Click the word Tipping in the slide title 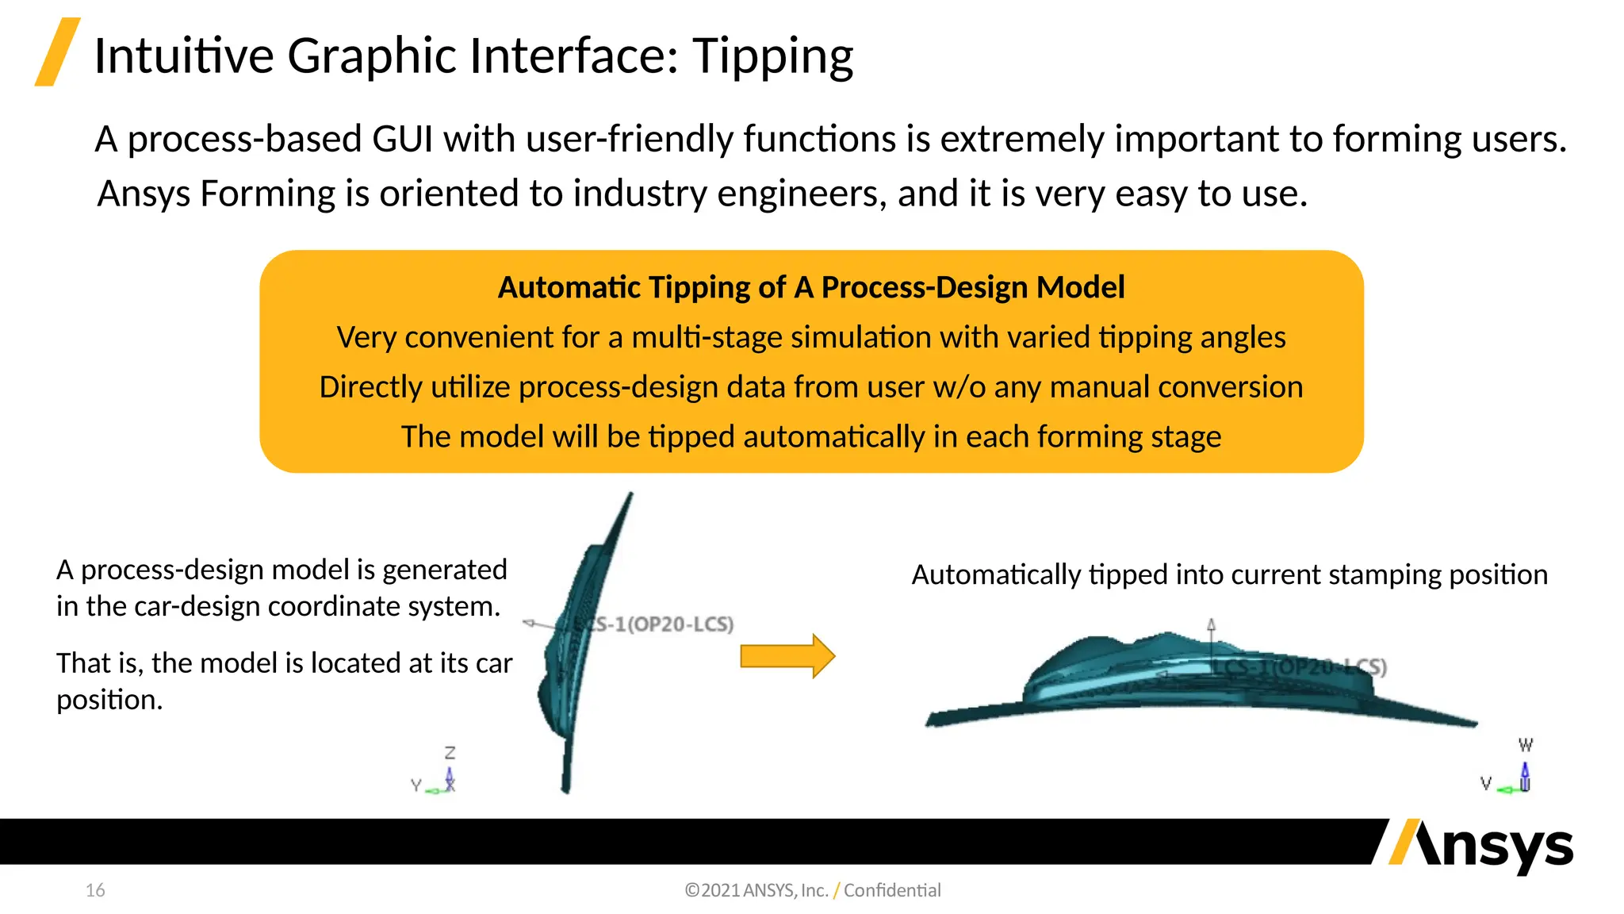pos(772,57)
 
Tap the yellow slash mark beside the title pos(57,52)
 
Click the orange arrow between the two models pos(787,656)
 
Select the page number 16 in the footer pos(95,890)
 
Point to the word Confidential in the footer pos(892,890)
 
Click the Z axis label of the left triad pos(450,752)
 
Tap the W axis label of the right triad pos(1525,745)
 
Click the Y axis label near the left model pos(416,785)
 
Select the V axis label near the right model pos(1486,784)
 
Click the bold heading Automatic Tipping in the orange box pos(641,287)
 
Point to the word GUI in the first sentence pos(402,140)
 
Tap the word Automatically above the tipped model pos(996,574)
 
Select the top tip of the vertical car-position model pos(630,496)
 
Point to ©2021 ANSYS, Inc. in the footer pos(756,890)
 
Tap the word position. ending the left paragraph pos(109,700)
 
